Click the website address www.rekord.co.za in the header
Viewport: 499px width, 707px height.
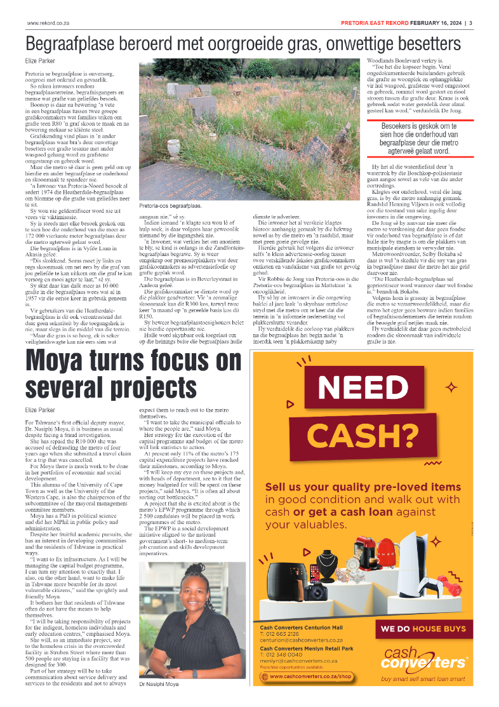(x=48, y=24)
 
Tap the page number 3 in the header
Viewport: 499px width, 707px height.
(x=470, y=24)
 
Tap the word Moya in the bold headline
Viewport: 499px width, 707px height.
(x=62, y=361)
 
